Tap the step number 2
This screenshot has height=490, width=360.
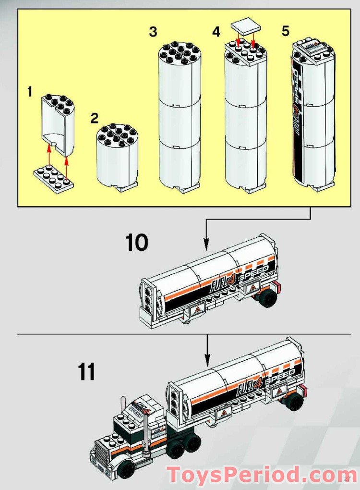click(x=95, y=118)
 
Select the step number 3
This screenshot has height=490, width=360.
click(x=153, y=32)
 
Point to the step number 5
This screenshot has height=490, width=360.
click(x=286, y=31)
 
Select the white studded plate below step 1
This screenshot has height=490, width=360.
click(x=53, y=179)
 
